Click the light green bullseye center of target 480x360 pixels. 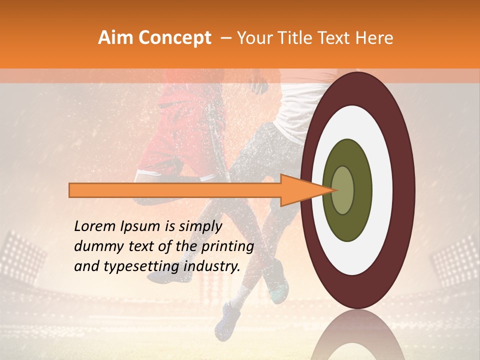[343, 190]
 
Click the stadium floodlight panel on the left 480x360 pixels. [22, 255]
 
